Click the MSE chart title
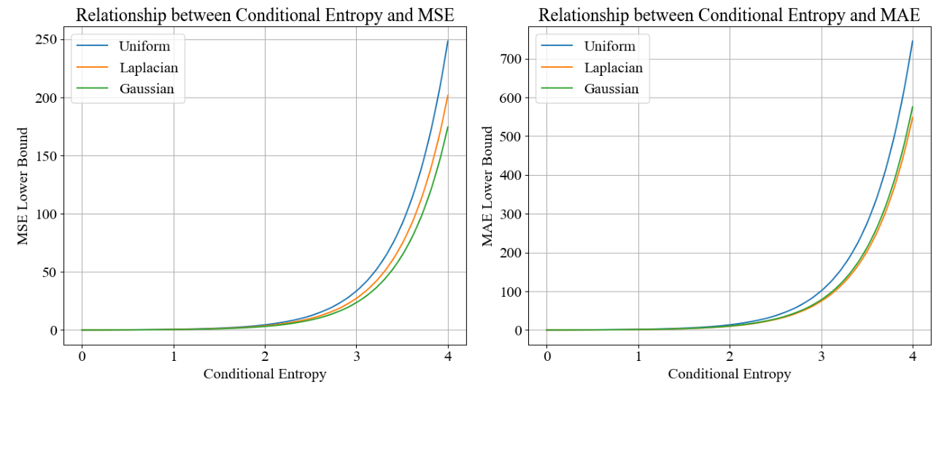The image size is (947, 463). [x=265, y=15]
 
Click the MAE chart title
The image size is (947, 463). [x=729, y=15]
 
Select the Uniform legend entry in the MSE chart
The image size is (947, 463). [x=144, y=46]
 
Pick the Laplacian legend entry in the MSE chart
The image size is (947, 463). [x=148, y=68]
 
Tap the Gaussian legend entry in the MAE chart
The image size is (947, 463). [x=611, y=89]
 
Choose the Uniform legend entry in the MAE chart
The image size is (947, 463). [x=609, y=46]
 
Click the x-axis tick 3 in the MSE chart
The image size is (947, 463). [x=356, y=357]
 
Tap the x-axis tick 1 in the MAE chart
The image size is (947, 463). [x=638, y=357]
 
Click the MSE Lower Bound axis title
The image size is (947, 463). [x=23, y=186]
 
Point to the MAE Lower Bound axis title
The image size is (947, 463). [x=487, y=186]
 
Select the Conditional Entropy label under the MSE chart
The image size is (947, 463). [x=265, y=374]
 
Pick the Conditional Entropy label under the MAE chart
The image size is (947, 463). [x=729, y=374]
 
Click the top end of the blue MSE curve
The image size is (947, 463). [x=448, y=40]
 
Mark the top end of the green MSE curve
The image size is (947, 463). [x=448, y=126]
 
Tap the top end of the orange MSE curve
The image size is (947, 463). [x=448, y=96]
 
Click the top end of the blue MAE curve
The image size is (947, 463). [x=913, y=41]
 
